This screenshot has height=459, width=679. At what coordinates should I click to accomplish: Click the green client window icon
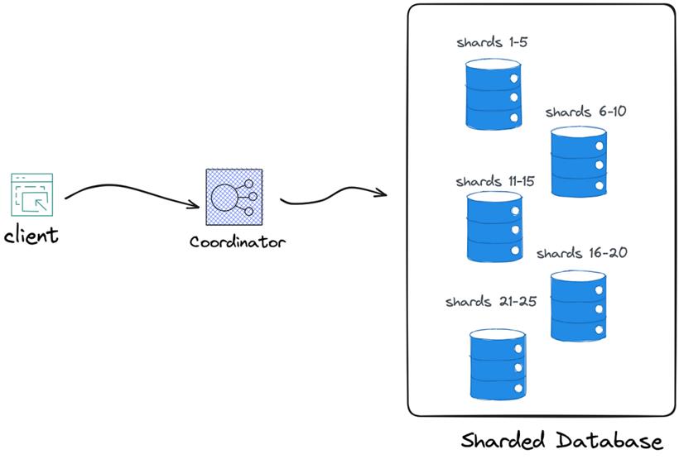click(32, 194)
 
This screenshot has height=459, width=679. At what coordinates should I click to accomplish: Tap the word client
click(31, 236)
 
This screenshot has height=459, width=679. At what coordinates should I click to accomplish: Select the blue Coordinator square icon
click(234, 197)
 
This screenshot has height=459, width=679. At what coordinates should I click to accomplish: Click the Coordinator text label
click(238, 241)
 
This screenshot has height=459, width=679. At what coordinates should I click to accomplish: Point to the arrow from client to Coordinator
click(130, 190)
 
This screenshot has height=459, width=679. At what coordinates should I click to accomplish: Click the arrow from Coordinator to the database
click(334, 194)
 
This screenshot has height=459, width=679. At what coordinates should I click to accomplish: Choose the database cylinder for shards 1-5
click(494, 94)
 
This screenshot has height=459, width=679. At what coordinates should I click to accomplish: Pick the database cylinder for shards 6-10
click(579, 162)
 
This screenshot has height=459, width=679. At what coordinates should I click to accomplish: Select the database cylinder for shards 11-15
click(494, 227)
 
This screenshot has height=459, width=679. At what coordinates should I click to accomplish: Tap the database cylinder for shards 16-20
click(579, 306)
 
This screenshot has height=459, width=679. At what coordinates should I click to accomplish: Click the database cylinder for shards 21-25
click(498, 364)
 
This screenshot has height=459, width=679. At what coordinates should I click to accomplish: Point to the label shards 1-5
click(492, 42)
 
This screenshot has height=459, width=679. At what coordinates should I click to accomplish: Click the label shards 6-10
click(586, 112)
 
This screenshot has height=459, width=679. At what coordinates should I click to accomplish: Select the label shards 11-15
click(495, 181)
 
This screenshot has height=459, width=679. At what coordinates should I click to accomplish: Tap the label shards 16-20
click(582, 252)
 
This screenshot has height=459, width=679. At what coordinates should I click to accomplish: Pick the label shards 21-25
click(491, 301)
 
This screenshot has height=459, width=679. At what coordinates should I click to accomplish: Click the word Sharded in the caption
click(503, 441)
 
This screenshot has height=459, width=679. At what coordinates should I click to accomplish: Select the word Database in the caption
click(609, 441)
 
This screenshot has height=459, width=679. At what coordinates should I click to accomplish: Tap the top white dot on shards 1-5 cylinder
click(514, 79)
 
